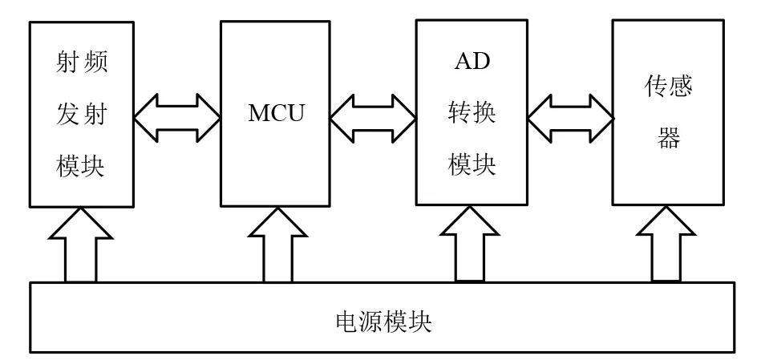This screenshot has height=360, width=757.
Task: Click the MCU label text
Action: click(275, 112)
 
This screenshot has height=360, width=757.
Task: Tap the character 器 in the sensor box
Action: click(670, 139)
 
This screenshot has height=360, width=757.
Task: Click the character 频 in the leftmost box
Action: click(95, 62)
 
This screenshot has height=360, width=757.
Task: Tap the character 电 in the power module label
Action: click(344, 322)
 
